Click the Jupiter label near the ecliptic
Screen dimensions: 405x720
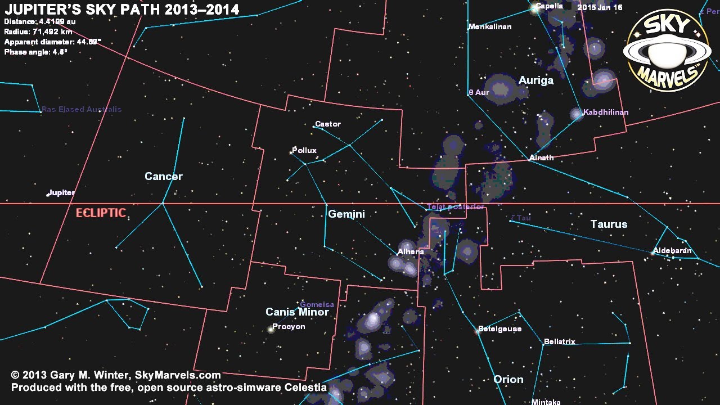61,193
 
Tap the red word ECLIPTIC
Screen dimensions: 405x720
101,213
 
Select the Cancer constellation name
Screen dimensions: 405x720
164,177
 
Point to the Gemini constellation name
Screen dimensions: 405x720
346,214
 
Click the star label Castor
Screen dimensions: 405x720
328,124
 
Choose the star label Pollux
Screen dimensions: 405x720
304,150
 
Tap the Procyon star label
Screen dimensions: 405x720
289,327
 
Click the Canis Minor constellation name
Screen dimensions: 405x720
297,312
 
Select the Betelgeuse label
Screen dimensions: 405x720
499,329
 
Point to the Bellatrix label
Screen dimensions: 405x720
559,342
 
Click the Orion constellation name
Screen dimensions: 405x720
508,380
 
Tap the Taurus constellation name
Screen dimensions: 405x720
609,224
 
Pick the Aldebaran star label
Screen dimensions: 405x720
672,251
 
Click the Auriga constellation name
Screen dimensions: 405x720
536,80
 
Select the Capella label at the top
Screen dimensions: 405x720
549,6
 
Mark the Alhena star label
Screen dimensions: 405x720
411,252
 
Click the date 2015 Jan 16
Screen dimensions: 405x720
600,8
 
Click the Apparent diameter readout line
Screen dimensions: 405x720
53,42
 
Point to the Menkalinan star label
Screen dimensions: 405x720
490,26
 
